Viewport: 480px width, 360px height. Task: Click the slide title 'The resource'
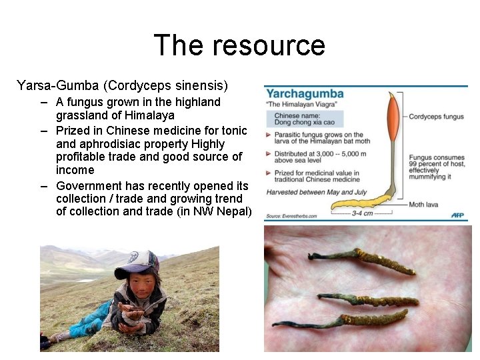click(239, 45)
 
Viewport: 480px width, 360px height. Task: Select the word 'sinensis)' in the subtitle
click(205, 85)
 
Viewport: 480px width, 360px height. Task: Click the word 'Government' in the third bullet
click(91, 186)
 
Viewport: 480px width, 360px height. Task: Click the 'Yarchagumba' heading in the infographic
click(305, 94)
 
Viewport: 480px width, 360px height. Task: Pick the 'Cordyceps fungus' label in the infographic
click(436, 117)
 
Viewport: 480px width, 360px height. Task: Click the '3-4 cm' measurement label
click(362, 213)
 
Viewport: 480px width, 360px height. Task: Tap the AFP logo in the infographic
click(457, 215)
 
